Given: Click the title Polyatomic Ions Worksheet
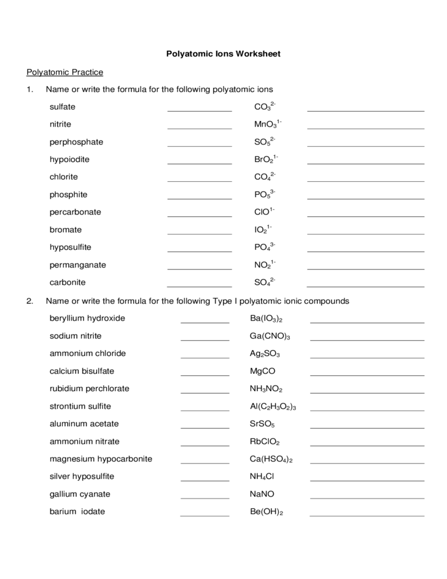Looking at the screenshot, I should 223,54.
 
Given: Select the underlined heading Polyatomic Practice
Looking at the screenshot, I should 64,72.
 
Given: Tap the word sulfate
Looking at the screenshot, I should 63,107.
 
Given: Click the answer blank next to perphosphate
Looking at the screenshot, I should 199,144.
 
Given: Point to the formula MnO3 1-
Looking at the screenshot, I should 268,125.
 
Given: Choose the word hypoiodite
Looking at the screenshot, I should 69,159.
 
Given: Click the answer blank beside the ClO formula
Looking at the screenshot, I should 365,215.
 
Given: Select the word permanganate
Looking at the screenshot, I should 78,265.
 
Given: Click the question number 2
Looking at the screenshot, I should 29,301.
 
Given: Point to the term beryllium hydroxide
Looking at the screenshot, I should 87,318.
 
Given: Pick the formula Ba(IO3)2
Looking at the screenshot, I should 266,319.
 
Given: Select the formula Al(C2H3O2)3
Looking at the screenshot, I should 273,406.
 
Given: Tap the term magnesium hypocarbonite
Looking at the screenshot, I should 101,459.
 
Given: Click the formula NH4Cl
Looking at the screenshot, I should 262,476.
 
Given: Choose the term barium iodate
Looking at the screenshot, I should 77,511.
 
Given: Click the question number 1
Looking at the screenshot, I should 29,90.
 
